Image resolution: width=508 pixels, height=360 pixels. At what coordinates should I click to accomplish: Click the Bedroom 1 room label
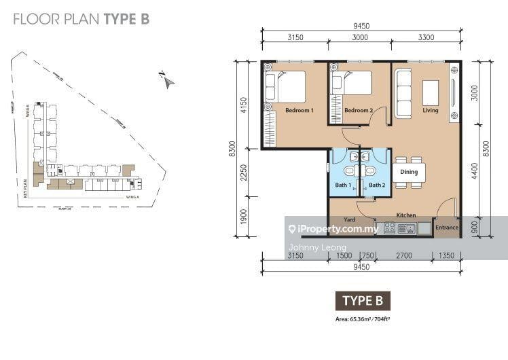[x=299, y=111]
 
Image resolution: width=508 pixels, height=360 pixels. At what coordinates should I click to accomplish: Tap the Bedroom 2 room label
[x=359, y=111]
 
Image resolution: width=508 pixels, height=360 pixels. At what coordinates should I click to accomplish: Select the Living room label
[x=430, y=111]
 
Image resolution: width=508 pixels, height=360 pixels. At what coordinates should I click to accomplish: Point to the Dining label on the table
[x=409, y=173]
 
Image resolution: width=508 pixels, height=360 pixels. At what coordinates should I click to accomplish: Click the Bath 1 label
[x=342, y=185]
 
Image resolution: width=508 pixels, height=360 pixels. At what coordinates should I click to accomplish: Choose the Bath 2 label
[x=376, y=185]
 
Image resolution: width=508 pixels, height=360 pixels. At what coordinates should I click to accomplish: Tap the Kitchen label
[x=406, y=215]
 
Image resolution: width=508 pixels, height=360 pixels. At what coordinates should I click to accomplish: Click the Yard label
[x=350, y=220]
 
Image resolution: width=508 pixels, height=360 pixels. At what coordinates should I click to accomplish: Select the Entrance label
[x=446, y=228]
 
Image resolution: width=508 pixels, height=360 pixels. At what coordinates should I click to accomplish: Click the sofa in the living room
[x=404, y=94]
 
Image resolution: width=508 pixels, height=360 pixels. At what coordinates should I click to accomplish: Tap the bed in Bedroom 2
[x=352, y=84]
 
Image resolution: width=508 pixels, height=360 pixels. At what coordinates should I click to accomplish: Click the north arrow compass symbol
[x=167, y=81]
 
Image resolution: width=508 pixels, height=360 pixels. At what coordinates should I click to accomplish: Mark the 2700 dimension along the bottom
[x=404, y=256]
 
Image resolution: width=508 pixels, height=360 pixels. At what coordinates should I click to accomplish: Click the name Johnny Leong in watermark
[x=318, y=247]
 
